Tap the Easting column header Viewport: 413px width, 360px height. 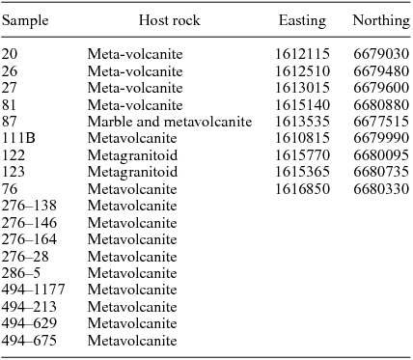pos(302,21)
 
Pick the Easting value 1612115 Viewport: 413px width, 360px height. pos(302,54)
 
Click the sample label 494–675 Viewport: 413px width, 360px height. pos(27,340)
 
